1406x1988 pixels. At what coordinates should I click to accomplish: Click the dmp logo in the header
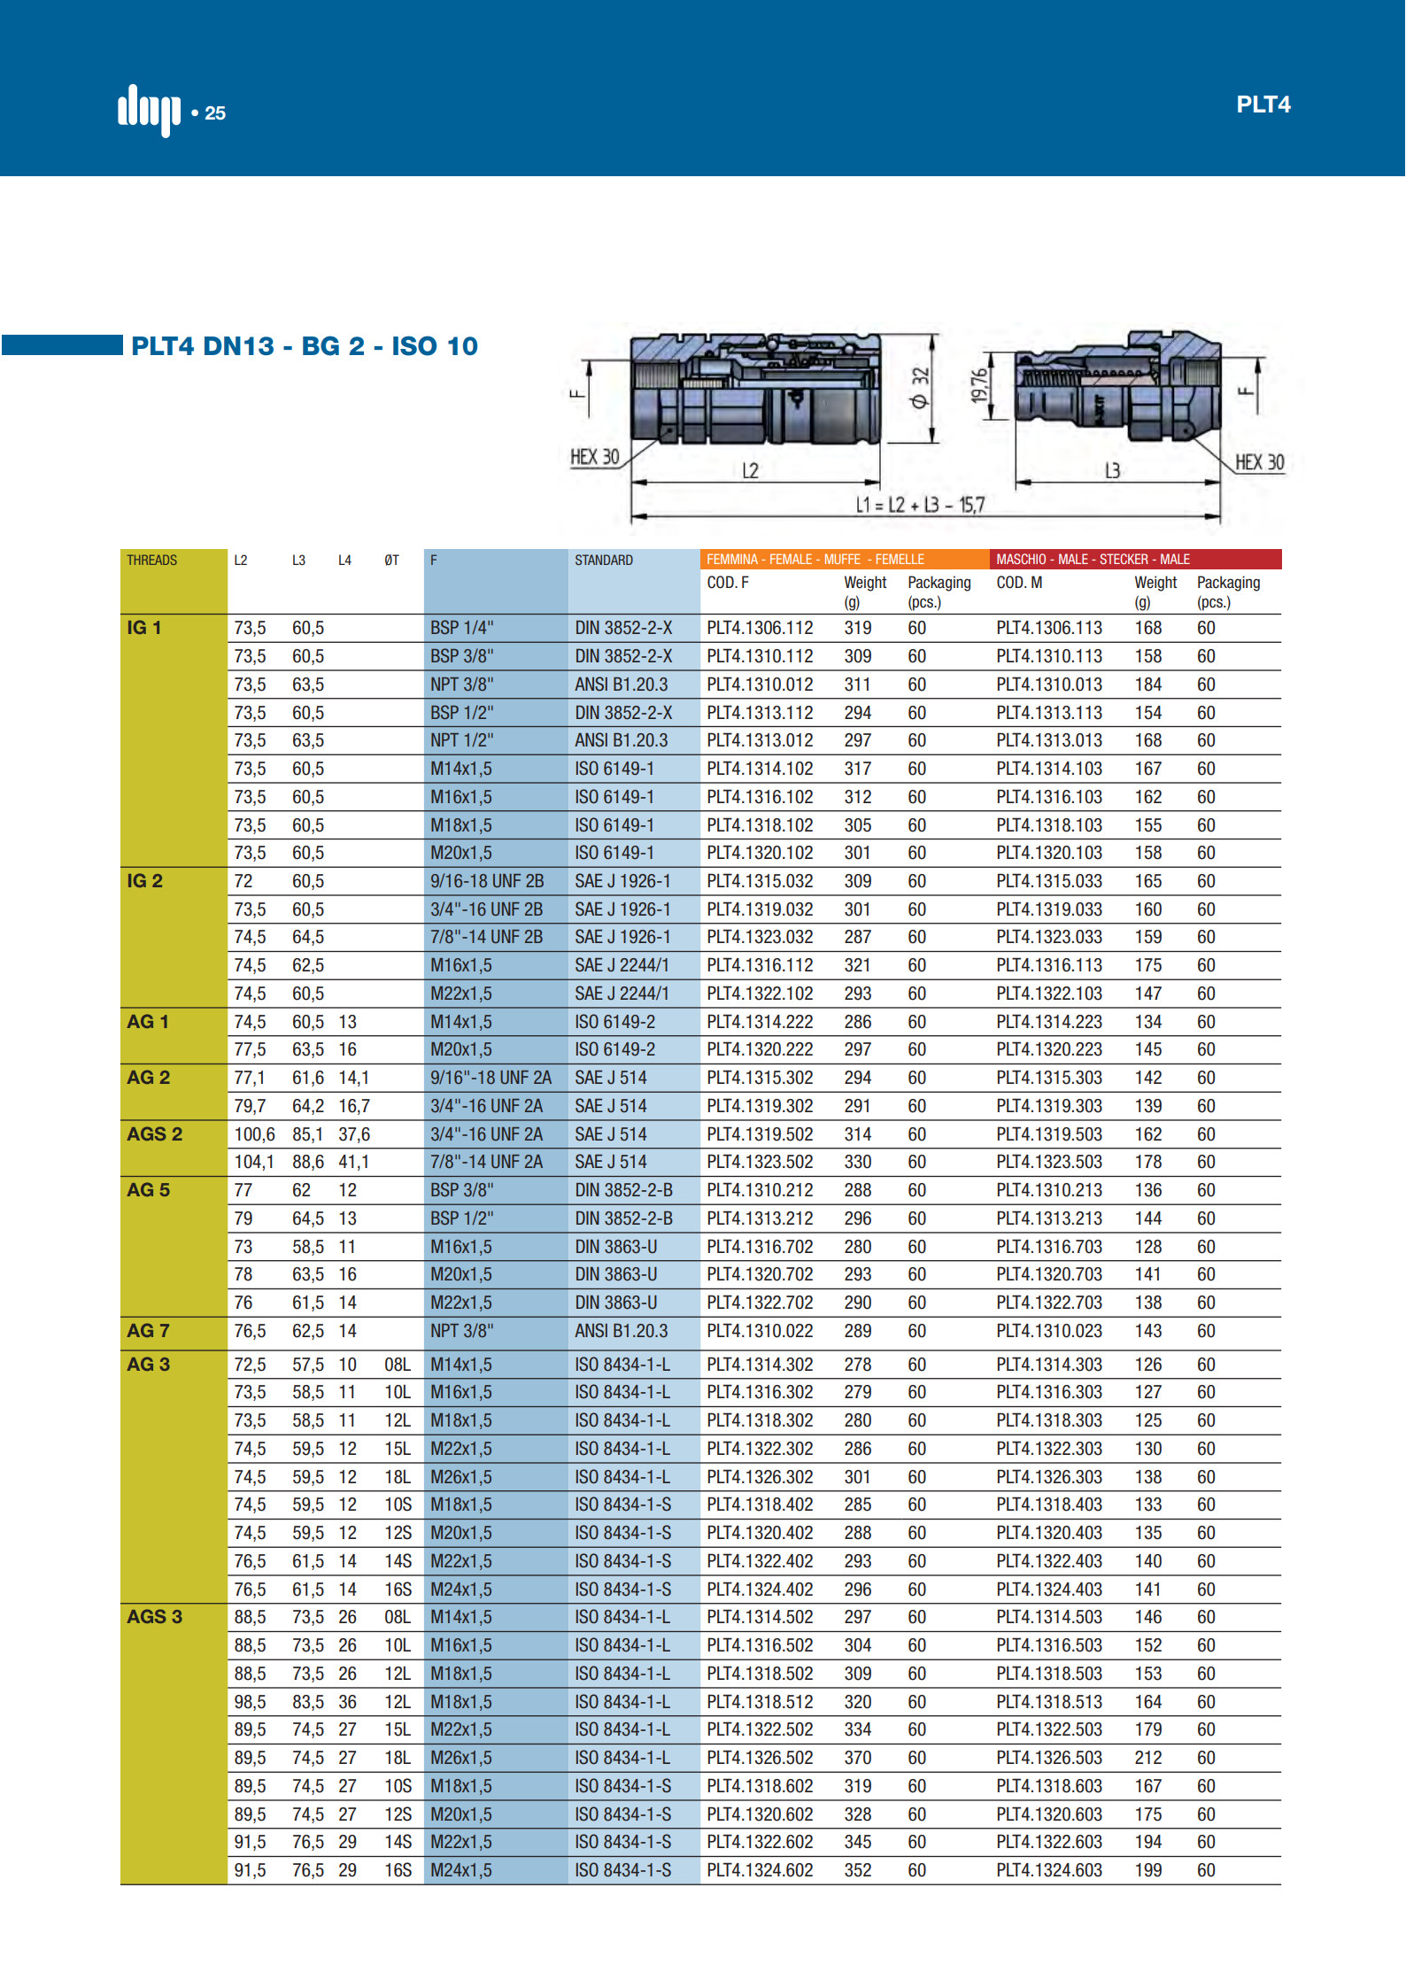pyautogui.click(x=149, y=110)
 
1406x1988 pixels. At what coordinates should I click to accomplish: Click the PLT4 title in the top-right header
pyautogui.click(x=1263, y=104)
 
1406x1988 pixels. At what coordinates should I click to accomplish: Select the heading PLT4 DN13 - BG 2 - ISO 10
pyautogui.click(x=305, y=346)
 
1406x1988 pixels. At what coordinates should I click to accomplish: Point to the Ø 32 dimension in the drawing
pyautogui.click(x=920, y=388)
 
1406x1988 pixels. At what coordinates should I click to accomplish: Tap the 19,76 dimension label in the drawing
pyautogui.click(x=978, y=386)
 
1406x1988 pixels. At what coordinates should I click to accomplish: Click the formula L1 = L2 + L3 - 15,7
pyautogui.click(x=920, y=505)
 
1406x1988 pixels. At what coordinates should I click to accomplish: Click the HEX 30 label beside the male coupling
pyautogui.click(x=1259, y=462)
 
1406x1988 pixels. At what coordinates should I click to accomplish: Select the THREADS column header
pyautogui.click(x=152, y=560)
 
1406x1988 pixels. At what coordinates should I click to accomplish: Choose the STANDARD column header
pyautogui.click(x=604, y=560)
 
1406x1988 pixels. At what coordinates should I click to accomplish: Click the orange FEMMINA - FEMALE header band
pyautogui.click(x=844, y=559)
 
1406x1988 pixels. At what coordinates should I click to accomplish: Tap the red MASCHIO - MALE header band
pyautogui.click(x=1137, y=559)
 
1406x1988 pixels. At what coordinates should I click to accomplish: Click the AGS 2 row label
pyautogui.click(x=155, y=1133)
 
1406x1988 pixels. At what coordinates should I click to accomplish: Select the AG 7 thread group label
pyautogui.click(x=148, y=1330)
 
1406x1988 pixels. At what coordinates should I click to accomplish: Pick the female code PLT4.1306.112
pyautogui.click(x=760, y=628)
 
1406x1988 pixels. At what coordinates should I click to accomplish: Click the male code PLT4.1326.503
pyautogui.click(x=1049, y=1758)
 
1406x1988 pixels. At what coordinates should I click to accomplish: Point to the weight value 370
pyautogui.click(x=857, y=1758)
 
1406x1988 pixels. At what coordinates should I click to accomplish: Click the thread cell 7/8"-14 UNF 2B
pyautogui.click(x=486, y=937)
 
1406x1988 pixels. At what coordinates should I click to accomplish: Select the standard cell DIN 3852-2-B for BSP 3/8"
pyautogui.click(x=623, y=1190)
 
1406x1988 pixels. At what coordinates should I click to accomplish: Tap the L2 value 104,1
pyautogui.click(x=254, y=1162)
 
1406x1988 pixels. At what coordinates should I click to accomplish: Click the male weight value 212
pyautogui.click(x=1148, y=1758)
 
